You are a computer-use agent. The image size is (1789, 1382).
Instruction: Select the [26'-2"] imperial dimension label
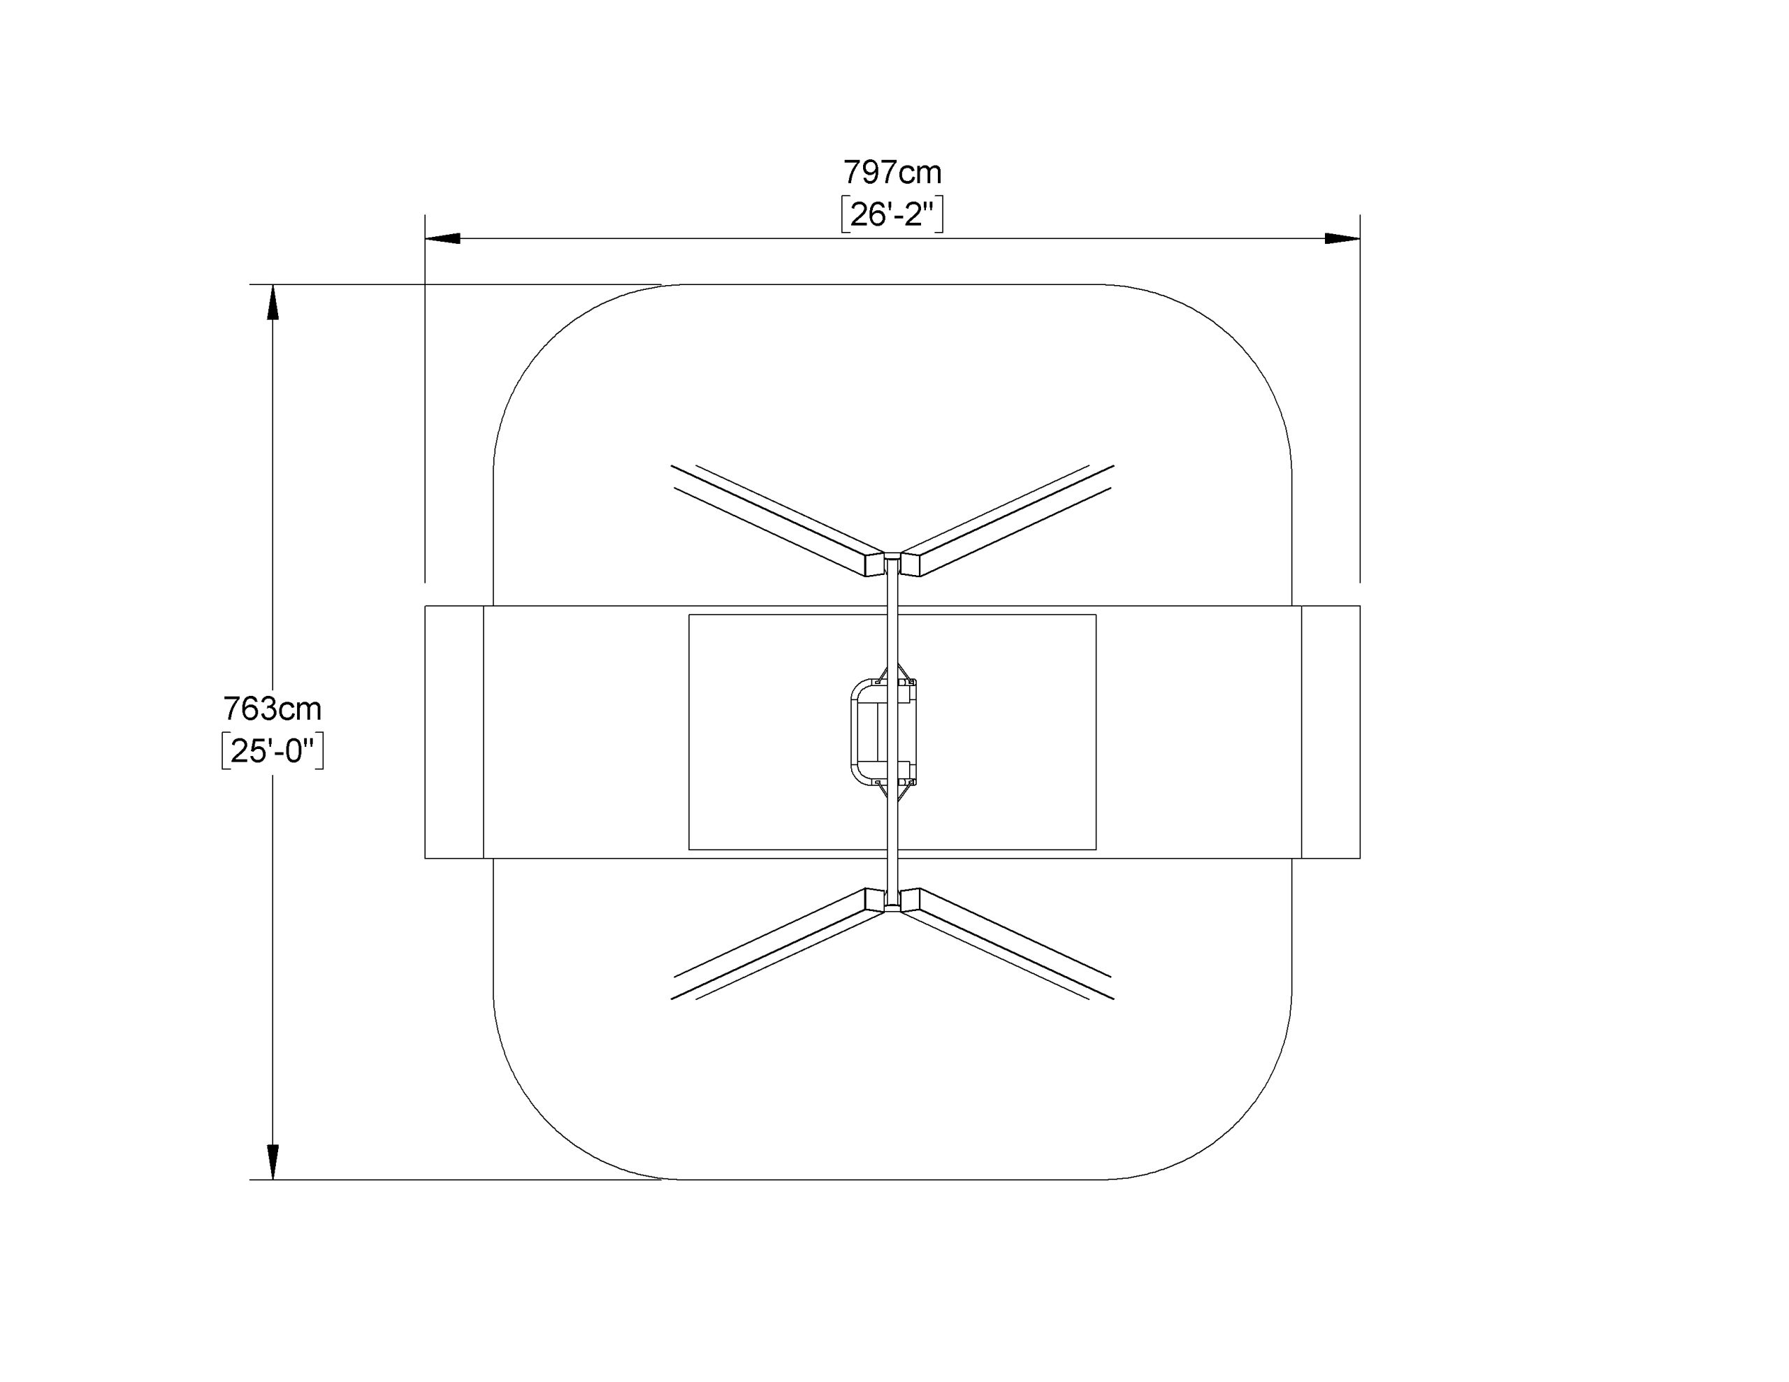(892, 215)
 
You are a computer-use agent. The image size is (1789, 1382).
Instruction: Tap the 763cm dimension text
(273, 708)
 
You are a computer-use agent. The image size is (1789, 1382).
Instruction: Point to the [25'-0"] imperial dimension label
(273, 751)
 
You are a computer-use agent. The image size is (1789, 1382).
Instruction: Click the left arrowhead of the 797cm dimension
(442, 238)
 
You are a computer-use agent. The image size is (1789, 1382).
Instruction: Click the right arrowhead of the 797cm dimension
(1342, 238)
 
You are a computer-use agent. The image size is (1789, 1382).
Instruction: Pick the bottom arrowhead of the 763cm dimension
(273, 1162)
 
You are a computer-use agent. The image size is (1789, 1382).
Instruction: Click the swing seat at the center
(883, 732)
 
